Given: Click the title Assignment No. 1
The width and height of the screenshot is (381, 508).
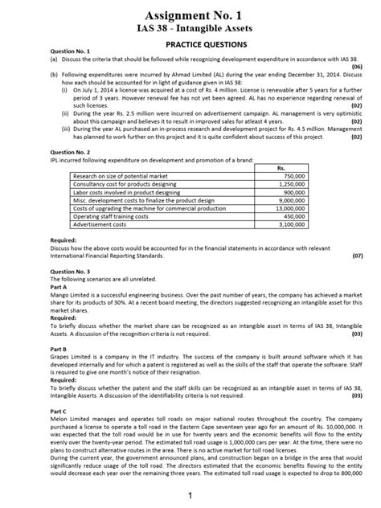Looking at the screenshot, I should (190, 16).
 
